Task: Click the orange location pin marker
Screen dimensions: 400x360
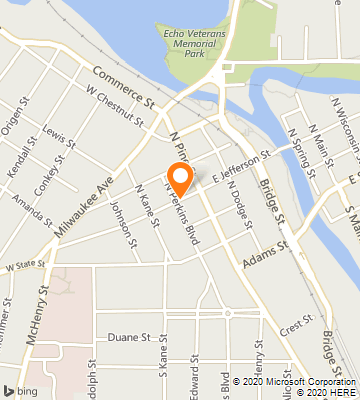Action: pos(180,178)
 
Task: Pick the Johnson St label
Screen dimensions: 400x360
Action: pos(120,219)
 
